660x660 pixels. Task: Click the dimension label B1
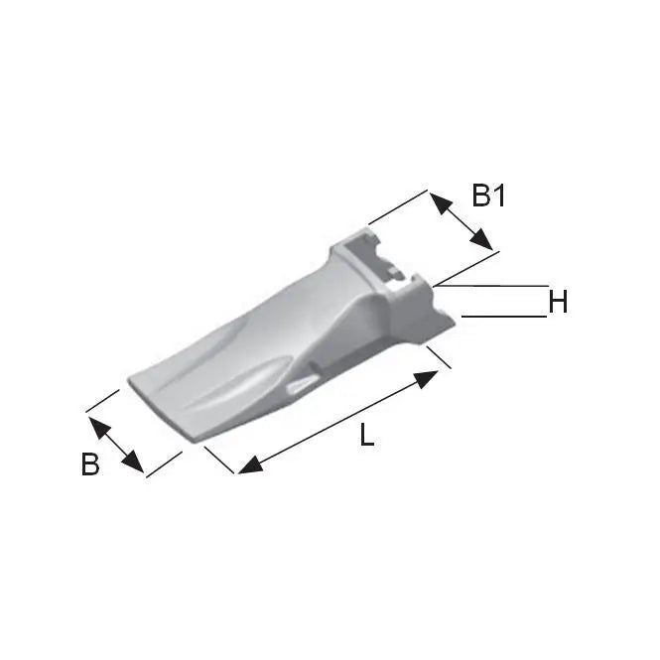coord(488,196)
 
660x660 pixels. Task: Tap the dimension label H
coord(558,302)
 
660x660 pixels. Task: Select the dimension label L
coord(366,435)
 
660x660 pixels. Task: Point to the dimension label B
coord(90,463)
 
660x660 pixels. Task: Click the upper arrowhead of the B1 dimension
coord(440,202)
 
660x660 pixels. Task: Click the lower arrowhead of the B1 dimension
coord(481,239)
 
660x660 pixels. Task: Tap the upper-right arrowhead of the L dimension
coord(426,379)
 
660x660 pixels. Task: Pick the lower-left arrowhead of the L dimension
coord(251,465)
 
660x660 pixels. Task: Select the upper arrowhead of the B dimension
coord(99,428)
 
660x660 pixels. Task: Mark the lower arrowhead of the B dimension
coord(133,462)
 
